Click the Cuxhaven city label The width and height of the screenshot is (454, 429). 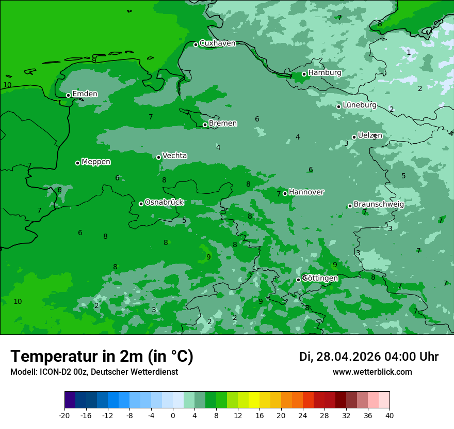(217, 43)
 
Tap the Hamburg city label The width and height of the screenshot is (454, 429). (325, 73)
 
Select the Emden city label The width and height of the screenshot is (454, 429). (85, 94)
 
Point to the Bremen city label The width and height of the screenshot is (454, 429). (223, 124)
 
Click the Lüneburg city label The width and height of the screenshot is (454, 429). (360, 105)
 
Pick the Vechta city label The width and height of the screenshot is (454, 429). (174, 156)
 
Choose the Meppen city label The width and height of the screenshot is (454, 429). (96, 162)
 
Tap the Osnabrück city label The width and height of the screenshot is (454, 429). (164, 203)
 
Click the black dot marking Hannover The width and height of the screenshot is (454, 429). (285, 193)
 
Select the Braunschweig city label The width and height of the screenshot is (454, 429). (379, 205)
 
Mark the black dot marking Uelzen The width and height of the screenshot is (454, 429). (354, 137)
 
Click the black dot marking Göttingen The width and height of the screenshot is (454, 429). (298, 280)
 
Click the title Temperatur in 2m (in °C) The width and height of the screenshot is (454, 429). (102, 357)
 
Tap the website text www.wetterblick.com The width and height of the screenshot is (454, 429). (372, 372)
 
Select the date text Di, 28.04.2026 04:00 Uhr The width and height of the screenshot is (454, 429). (369, 357)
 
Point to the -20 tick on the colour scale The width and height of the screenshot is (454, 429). (64, 415)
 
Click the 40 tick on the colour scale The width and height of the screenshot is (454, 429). (390, 415)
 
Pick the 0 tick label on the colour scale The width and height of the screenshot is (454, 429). (173, 415)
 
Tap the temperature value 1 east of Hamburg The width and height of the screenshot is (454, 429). (409, 52)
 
